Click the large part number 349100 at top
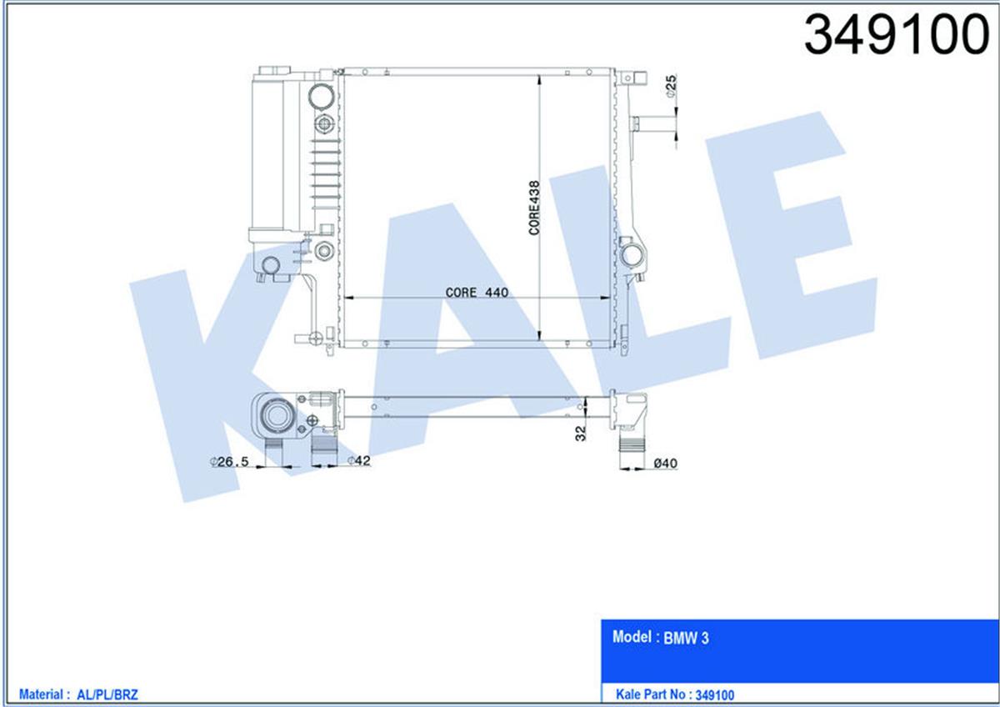click(x=896, y=35)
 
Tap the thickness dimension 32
click(x=581, y=432)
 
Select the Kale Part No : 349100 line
click(x=674, y=694)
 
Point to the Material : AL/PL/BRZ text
click(x=77, y=694)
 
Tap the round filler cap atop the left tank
click(x=319, y=97)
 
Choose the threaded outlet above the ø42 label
click(x=325, y=450)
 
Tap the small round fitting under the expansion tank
click(x=269, y=267)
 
